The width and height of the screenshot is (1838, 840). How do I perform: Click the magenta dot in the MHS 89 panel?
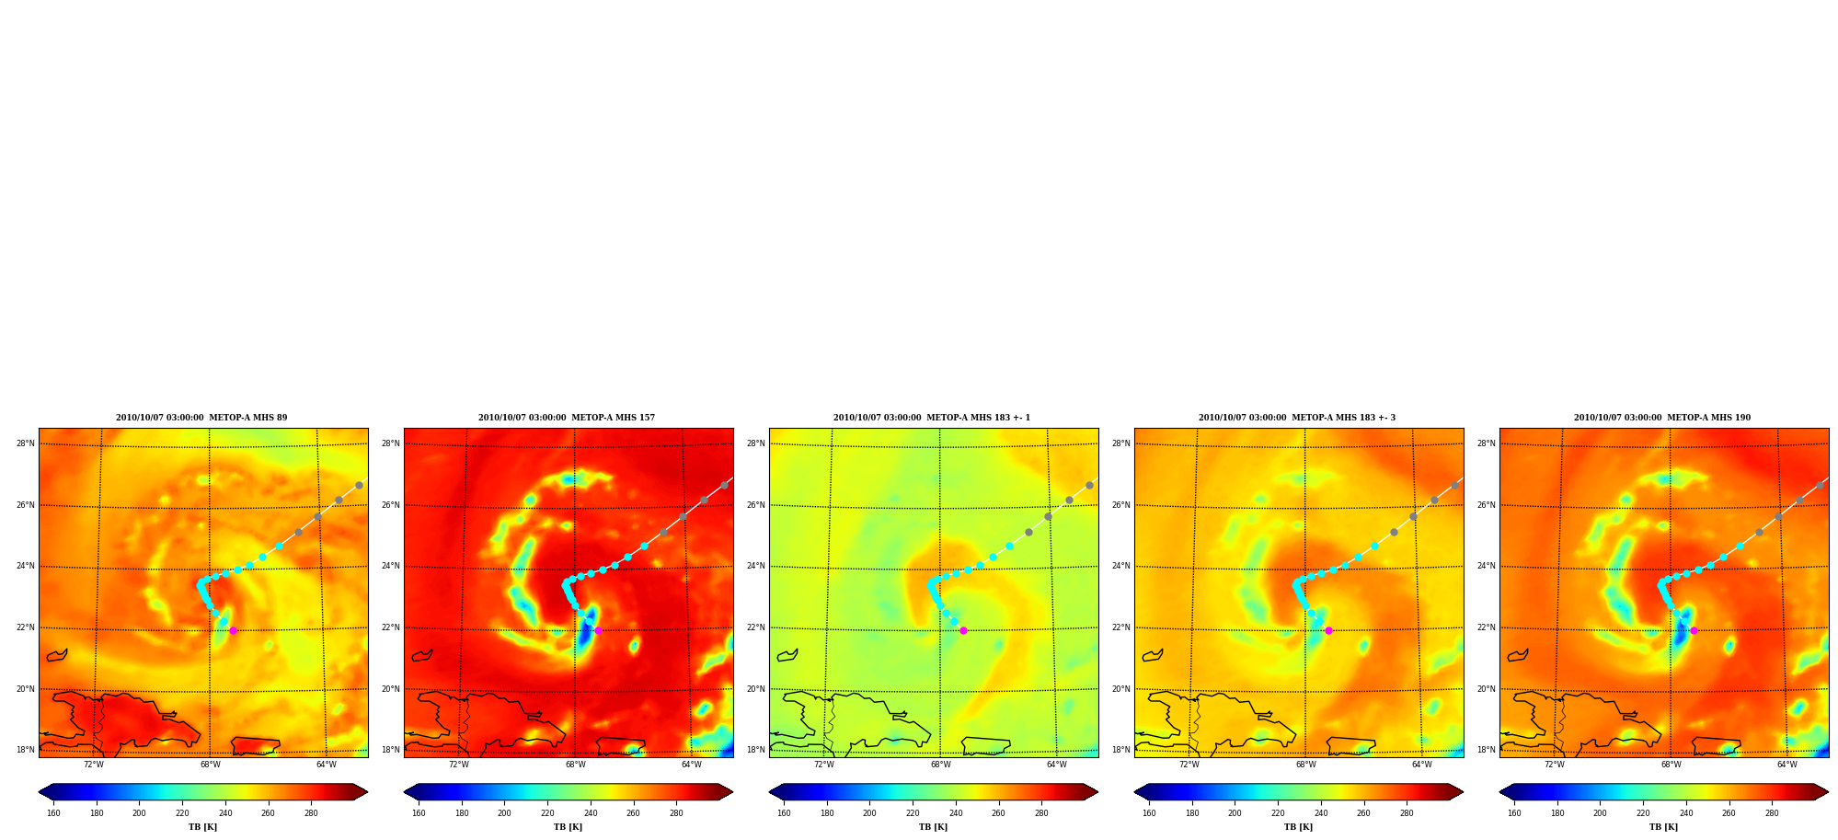click(233, 630)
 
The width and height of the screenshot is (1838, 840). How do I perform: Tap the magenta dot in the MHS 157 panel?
click(598, 630)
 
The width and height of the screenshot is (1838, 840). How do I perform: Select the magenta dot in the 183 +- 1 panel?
click(963, 630)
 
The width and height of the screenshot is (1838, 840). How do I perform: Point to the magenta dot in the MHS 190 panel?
click(1694, 630)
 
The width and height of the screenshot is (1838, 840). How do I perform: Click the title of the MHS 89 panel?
click(201, 418)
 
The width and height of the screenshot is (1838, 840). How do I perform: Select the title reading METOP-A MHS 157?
click(614, 418)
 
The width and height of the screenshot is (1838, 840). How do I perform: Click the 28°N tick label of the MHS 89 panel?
click(26, 443)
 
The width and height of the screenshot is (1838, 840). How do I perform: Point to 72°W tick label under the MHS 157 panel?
click(459, 765)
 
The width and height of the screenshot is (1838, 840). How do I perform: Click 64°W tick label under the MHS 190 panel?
click(1786, 765)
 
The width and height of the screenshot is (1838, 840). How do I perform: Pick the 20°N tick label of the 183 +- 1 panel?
click(756, 689)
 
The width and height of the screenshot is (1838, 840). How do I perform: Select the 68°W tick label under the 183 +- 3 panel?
click(1305, 765)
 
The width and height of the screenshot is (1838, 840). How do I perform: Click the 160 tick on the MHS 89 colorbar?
click(53, 813)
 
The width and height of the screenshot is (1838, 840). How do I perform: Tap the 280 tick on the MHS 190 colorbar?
click(1772, 813)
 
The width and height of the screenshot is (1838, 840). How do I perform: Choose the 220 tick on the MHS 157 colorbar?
click(547, 813)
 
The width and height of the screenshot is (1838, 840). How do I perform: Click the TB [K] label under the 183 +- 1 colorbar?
click(933, 827)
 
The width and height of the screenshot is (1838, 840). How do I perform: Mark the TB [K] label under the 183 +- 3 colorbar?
click(1298, 827)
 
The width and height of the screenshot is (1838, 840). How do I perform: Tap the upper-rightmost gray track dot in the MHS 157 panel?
click(724, 485)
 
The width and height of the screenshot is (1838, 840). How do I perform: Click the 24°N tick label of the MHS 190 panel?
click(1487, 567)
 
